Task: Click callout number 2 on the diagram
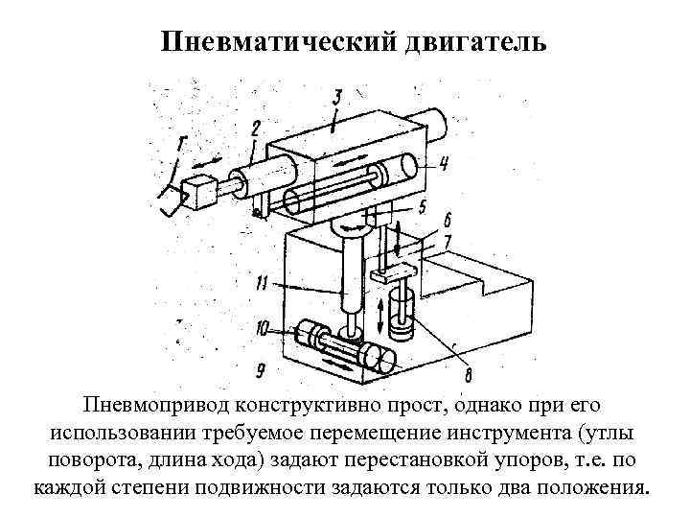coord(255,128)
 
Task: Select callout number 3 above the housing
coord(338,97)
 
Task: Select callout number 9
coord(263,328)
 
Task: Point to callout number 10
coord(264,284)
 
